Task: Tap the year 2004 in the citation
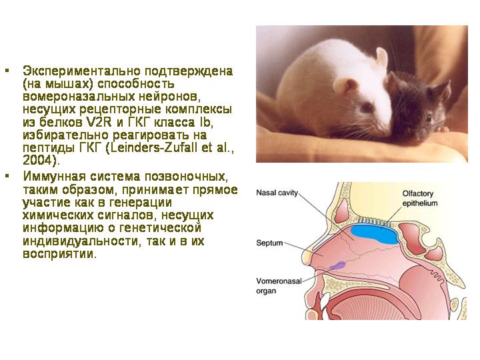[x=37, y=161]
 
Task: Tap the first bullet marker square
[x=7, y=71]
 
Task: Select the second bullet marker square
[x=7, y=176]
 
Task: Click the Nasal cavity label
[x=277, y=193]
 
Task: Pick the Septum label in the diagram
[x=269, y=243]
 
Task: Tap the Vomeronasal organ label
[x=279, y=286]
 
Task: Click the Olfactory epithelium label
[x=420, y=199]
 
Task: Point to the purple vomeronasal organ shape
[x=337, y=265]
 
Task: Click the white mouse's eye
[x=367, y=107]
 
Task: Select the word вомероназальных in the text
[x=79, y=97]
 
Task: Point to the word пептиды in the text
[x=49, y=148]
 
